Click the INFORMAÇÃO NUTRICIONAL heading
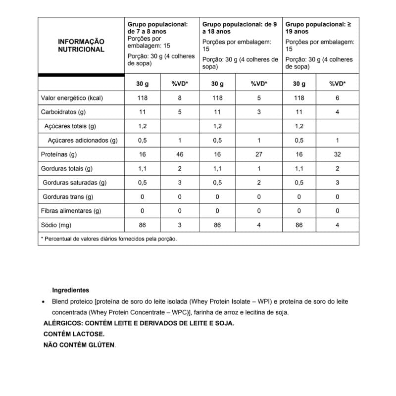(x=81, y=46)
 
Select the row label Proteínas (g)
(x=59, y=154)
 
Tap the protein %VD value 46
(x=179, y=154)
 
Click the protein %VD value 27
(x=258, y=154)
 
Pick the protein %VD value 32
(x=338, y=154)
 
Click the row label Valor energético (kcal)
(x=72, y=98)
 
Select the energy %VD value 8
(x=179, y=98)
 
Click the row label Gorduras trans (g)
(x=68, y=197)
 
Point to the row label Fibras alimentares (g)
(x=71, y=211)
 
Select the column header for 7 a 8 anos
(x=157, y=27)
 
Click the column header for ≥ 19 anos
(x=319, y=27)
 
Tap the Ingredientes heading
(x=70, y=291)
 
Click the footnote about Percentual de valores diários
(x=109, y=239)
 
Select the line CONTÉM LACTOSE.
(x=74, y=334)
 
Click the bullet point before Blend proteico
(x=45, y=301)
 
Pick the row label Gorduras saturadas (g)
(x=75, y=183)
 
